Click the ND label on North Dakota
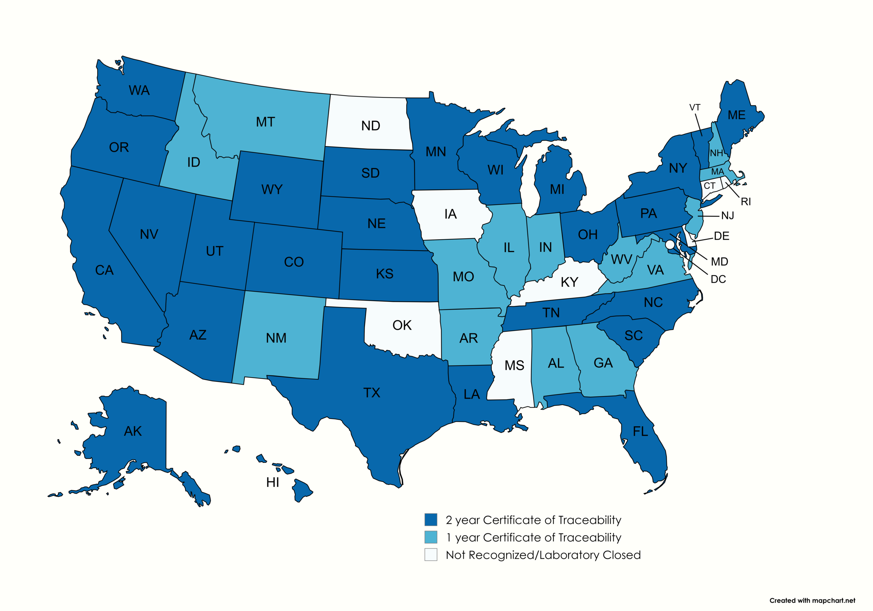pyautogui.click(x=370, y=126)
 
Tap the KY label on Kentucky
pyautogui.click(x=569, y=283)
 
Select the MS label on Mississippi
pyautogui.click(x=514, y=366)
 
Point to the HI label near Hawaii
pyautogui.click(x=272, y=483)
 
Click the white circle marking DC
pyautogui.click(x=670, y=244)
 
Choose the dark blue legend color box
pyautogui.click(x=430, y=519)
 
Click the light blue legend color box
pyautogui.click(x=430, y=537)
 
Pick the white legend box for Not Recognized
pyautogui.click(x=430, y=554)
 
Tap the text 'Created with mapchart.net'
pyautogui.click(x=812, y=601)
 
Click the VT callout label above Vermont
pyautogui.click(x=695, y=108)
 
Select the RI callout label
pyautogui.click(x=746, y=202)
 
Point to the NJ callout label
pyautogui.click(x=727, y=216)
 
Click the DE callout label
pyautogui.click(x=721, y=236)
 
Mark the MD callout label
pyautogui.click(x=719, y=261)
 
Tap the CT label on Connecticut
pyautogui.click(x=710, y=186)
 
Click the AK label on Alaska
pyautogui.click(x=133, y=431)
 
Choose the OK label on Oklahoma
pyautogui.click(x=402, y=326)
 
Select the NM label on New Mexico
pyautogui.click(x=276, y=338)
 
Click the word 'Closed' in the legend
pyautogui.click(x=622, y=555)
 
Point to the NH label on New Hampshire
pyautogui.click(x=716, y=153)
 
